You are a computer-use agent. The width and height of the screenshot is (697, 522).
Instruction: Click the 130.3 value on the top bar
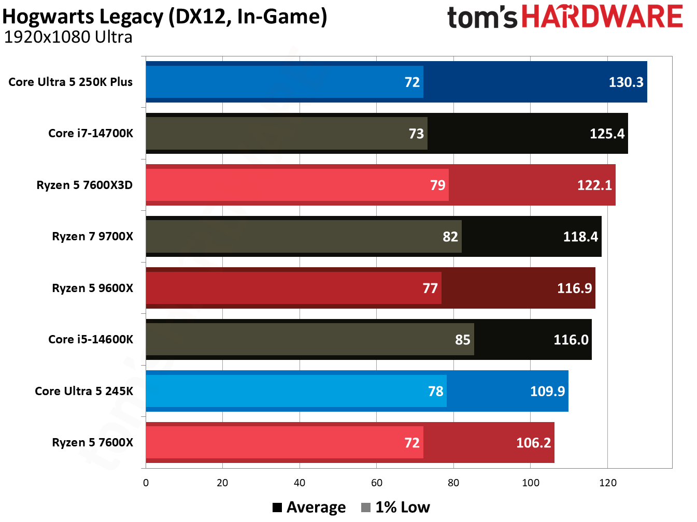pos(625,82)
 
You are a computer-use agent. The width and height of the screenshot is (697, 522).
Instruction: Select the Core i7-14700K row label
pos(91,134)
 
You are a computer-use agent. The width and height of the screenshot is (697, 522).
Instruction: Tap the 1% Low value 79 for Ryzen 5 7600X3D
pos(437,185)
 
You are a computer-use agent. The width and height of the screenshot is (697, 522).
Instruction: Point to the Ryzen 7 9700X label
pos(92,237)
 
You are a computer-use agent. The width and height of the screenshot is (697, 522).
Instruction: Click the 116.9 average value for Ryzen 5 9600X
pos(574,288)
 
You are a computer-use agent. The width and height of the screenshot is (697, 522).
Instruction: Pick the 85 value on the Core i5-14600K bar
pos(462,340)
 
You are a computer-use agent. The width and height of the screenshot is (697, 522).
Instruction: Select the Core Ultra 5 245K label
pos(84,392)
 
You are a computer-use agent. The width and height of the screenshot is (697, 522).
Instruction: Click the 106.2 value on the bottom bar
pos(533,443)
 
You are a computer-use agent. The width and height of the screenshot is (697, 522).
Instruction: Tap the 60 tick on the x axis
pos(376,483)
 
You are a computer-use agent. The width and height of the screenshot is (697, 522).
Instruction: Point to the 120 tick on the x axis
pos(607,483)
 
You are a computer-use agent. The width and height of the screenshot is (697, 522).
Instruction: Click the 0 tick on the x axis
pos(146,483)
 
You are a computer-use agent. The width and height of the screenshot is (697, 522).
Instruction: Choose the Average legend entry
pos(309,508)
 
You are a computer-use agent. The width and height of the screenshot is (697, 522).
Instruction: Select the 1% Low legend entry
pos(396,508)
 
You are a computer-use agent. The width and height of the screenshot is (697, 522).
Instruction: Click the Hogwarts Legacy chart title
pos(165,17)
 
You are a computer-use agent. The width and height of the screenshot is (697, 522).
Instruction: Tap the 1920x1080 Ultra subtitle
pos(68,37)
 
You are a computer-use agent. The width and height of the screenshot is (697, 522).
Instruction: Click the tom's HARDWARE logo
pos(564,17)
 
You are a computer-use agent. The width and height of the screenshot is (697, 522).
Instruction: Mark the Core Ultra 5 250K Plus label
pos(70,82)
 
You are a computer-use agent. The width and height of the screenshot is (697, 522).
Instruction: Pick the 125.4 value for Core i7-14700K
pos(607,134)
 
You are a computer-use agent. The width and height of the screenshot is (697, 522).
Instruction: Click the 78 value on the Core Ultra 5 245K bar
pos(435,392)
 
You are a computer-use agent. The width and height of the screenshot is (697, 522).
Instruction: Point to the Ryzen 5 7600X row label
pos(92,443)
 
